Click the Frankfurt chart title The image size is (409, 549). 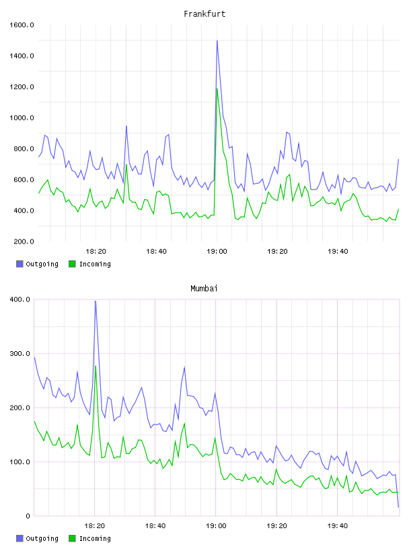point(204,13)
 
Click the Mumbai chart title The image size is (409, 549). point(204,288)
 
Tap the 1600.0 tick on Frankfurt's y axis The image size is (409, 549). point(22,25)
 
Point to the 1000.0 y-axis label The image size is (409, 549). point(22,118)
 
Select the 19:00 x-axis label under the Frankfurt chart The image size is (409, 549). point(217,252)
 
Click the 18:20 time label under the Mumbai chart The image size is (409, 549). point(95,526)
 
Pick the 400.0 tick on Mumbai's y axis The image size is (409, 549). point(20,299)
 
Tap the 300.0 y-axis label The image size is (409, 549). point(20,354)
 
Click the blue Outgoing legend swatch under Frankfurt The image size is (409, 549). point(20,264)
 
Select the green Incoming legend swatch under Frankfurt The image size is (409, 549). point(72,264)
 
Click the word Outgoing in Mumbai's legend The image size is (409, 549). point(42,538)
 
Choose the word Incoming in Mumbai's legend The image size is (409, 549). point(95,538)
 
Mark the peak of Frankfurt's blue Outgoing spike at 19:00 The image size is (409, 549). point(217,40)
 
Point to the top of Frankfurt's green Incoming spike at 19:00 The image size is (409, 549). point(217,88)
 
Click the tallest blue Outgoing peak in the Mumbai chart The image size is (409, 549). point(96,301)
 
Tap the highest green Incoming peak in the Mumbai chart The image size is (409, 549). point(96,366)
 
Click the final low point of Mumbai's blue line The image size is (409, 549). point(398,507)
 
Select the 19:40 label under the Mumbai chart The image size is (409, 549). point(338,526)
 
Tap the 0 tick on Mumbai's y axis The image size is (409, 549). point(28,516)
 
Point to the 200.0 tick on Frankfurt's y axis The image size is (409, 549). point(22,242)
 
